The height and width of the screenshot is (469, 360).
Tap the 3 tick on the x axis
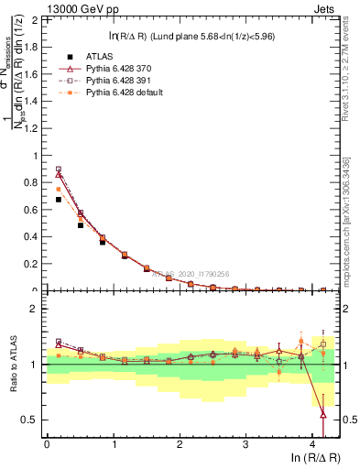click(x=245, y=445)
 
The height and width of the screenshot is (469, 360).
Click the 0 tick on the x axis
click(x=47, y=445)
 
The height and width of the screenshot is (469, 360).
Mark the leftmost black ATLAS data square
click(x=59, y=199)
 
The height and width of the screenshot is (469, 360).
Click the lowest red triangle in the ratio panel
click(x=323, y=415)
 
